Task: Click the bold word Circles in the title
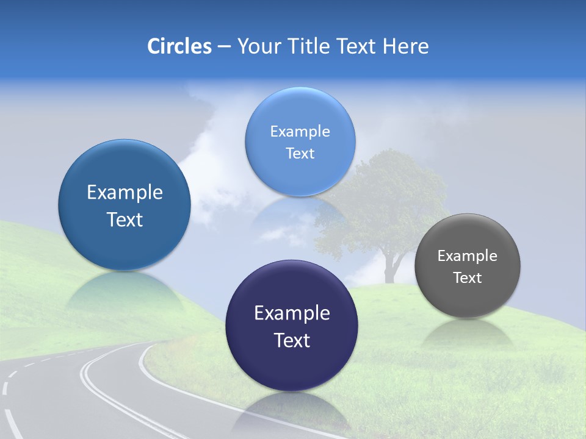[179, 46]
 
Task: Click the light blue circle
[300, 141]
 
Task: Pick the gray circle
[467, 266]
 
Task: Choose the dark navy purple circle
[292, 325]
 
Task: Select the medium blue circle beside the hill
[125, 205]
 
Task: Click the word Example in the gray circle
[467, 256]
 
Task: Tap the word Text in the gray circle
[467, 278]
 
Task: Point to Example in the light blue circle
[300, 132]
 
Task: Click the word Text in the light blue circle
[300, 154]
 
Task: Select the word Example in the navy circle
[292, 313]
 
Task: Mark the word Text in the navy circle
[292, 340]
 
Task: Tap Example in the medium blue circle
[125, 193]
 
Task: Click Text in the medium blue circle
[125, 220]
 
